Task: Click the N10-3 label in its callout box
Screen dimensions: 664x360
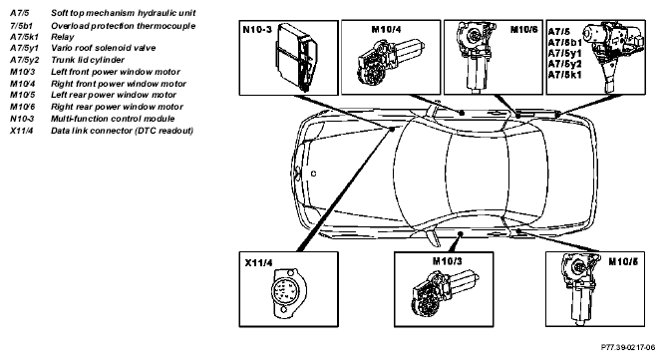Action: click(x=257, y=30)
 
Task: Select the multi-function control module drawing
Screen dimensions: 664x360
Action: click(x=297, y=57)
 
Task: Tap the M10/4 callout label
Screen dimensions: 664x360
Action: click(x=386, y=29)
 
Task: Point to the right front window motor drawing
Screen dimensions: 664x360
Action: click(x=390, y=62)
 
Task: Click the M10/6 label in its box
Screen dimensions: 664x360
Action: click(x=523, y=29)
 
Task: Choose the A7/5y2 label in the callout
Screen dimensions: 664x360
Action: click(x=564, y=64)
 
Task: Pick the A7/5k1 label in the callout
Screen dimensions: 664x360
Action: click(x=564, y=75)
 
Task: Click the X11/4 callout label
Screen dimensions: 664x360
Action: click(x=259, y=263)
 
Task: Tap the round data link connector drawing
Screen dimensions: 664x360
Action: click(x=286, y=292)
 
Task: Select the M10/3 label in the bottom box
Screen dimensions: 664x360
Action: click(x=448, y=261)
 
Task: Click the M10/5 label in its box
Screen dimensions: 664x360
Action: click(x=623, y=261)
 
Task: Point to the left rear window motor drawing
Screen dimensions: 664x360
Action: click(x=580, y=288)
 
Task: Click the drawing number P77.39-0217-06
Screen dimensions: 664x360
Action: click(x=628, y=347)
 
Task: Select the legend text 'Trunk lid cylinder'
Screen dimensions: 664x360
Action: click(x=88, y=60)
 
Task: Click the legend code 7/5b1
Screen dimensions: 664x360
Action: click(x=21, y=26)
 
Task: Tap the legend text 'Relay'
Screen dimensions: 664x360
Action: click(x=62, y=37)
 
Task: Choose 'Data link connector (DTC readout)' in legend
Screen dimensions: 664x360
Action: click(x=122, y=131)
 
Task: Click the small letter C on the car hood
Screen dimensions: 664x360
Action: click(x=313, y=174)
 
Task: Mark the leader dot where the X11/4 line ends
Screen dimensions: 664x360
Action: click(x=393, y=129)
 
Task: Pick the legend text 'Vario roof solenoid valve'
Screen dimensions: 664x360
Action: click(x=104, y=48)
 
